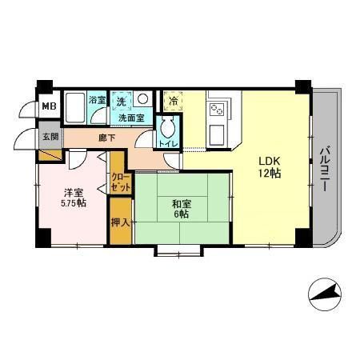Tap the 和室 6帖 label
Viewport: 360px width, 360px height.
click(x=179, y=210)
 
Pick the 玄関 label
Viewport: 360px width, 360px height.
click(x=50, y=136)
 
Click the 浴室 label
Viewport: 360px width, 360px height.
click(x=97, y=101)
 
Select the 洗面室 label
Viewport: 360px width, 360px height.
click(x=131, y=118)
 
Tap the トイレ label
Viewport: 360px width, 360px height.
click(x=168, y=144)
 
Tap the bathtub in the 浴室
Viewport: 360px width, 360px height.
click(x=76, y=106)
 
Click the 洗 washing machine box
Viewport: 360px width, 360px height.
click(x=122, y=102)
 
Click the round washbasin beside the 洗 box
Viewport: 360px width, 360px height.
click(x=142, y=99)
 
